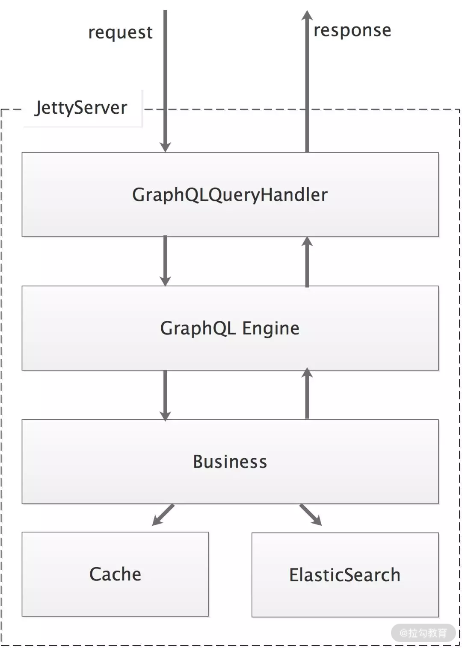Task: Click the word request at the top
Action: click(120, 32)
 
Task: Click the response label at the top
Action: click(352, 30)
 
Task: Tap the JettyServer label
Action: click(81, 108)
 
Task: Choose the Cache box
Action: click(115, 594)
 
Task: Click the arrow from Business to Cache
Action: click(163, 515)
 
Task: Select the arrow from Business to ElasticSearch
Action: click(311, 515)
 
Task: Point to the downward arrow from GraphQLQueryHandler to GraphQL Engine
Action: click(165, 261)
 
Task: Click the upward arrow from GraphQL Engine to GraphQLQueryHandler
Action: click(307, 262)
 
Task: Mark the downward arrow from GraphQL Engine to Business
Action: click(165, 395)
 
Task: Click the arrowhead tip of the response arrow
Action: click(307, 15)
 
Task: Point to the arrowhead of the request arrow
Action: click(165, 147)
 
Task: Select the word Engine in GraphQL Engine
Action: click(271, 328)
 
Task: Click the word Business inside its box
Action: click(230, 462)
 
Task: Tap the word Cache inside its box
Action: click(115, 574)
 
